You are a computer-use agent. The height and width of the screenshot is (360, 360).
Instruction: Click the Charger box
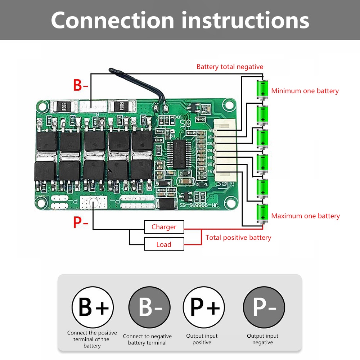point(164,227)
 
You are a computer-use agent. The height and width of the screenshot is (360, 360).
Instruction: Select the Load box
point(164,244)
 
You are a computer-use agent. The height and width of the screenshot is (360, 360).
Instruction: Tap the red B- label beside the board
point(81,86)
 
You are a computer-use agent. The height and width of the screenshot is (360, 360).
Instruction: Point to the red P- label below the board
point(81,222)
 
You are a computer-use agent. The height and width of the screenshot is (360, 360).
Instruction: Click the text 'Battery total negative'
point(230,67)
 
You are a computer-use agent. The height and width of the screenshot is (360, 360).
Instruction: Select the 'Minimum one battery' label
point(305,91)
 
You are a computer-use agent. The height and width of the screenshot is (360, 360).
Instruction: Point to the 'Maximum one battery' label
point(305,216)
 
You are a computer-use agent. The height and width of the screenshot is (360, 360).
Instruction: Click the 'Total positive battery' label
point(238,238)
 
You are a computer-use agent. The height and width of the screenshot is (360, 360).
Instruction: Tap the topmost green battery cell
point(262,89)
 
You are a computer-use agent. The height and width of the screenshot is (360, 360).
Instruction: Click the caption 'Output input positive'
point(202,339)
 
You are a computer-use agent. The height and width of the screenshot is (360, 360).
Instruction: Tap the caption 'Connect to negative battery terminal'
point(147,339)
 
